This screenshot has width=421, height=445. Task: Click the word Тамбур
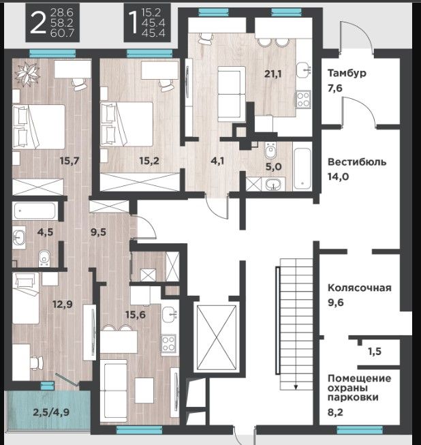click(347, 73)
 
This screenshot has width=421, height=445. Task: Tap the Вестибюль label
click(357, 162)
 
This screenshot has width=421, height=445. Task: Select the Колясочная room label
click(360, 288)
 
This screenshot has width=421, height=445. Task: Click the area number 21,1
click(273, 74)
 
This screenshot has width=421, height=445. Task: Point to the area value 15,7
click(69, 161)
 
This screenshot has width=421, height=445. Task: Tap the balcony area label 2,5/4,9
click(51, 412)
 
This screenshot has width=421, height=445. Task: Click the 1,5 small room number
click(375, 352)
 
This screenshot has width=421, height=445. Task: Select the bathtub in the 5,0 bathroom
click(302, 168)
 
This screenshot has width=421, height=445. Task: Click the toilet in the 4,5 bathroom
click(44, 258)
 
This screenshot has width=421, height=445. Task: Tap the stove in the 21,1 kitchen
click(303, 99)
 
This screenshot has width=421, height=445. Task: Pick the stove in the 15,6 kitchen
click(168, 343)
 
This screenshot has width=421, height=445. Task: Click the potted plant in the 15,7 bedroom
click(27, 74)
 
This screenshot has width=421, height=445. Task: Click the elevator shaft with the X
click(217, 338)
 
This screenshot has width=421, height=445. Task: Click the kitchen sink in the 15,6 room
click(169, 314)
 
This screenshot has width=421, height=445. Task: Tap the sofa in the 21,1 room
click(231, 94)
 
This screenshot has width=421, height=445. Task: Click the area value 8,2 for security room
click(335, 412)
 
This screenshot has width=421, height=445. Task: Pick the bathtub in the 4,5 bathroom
click(35, 211)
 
